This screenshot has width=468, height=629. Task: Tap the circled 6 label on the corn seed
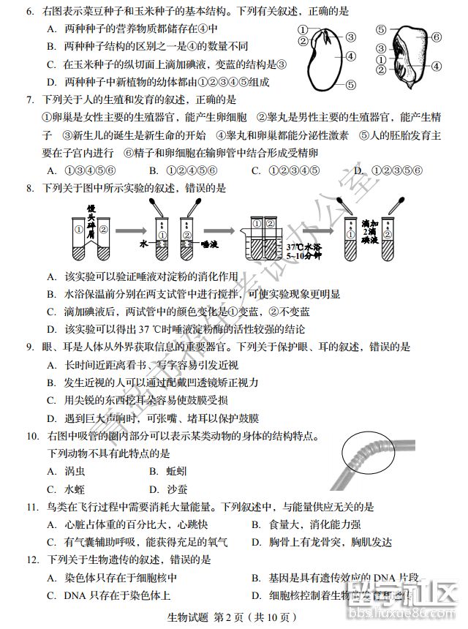(x=435, y=36)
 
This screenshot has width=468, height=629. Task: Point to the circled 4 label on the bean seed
(x=352, y=56)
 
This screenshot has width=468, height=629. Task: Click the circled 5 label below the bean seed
(x=351, y=84)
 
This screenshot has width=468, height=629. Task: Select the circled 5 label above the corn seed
(x=381, y=29)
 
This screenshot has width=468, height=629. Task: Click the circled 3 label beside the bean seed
(x=351, y=37)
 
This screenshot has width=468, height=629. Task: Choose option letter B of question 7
(x=154, y=170)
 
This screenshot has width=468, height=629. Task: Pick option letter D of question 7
(x=358, y=170)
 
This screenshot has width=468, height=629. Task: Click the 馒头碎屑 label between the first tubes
(x=91, y=219)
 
